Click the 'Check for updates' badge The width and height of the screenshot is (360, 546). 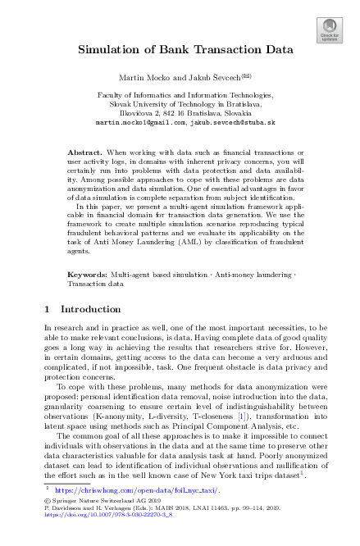pos(330,31)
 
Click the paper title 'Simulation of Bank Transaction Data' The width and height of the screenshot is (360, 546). pos(185,49)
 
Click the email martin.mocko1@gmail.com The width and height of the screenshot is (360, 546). pos(140,122)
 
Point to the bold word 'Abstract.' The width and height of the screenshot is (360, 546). pos(84,153)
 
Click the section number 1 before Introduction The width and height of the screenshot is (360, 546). pos(46,310)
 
